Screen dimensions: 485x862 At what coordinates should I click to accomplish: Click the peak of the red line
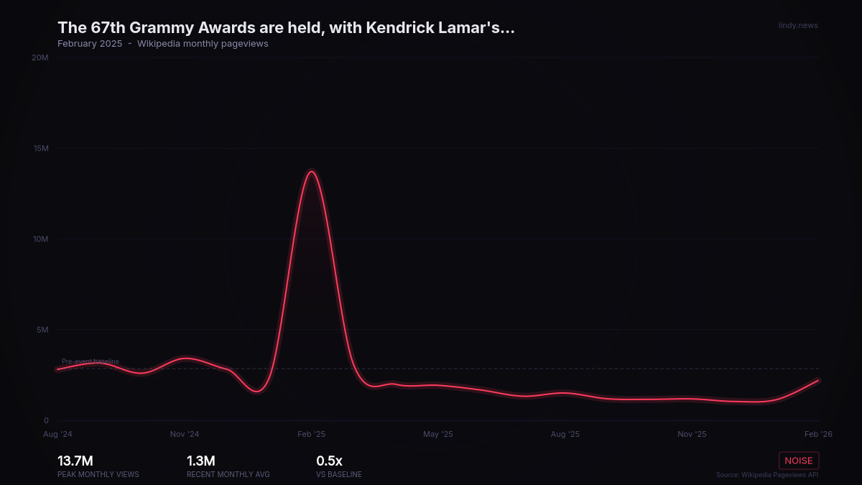(x=311, y=171)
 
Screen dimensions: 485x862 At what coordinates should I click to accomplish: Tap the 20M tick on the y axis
(x=41, y=57)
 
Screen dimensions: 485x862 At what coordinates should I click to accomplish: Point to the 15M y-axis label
(x=41, y=149)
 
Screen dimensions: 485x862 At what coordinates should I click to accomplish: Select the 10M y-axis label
(x=41, y=239)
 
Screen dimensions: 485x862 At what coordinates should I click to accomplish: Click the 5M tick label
(x=42, y=331)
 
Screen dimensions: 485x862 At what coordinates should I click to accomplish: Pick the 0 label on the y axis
(x=46, y=421)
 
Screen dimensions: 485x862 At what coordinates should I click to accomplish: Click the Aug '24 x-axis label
(x=57, y=435)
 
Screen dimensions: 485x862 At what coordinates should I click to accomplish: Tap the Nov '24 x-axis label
(x=185, y=435)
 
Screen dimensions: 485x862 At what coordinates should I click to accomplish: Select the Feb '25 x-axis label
(x=311, y=435)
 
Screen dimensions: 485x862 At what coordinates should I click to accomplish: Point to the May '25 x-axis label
(x=438, y=435)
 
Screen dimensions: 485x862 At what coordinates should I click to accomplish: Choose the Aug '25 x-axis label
(x=565, y=435)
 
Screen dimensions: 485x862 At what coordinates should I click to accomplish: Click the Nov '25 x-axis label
(x=692, y=435)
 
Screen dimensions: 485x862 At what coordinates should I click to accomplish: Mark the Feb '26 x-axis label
(x=818, y=435)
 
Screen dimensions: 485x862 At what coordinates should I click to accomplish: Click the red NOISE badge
(x=799, y=461)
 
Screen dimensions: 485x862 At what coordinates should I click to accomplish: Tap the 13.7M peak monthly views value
(x=75, y=461)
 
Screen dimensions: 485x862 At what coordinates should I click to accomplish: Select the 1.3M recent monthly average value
(x=201, y=461)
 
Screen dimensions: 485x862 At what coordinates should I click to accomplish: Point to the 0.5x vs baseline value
(x=330, y=461)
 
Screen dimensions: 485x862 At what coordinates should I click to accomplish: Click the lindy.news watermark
(x=798, y=26)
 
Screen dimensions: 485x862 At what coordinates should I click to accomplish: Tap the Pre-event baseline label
(x=91, y=361)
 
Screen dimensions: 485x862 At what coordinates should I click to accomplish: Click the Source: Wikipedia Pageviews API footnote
(x=767, y=475)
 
